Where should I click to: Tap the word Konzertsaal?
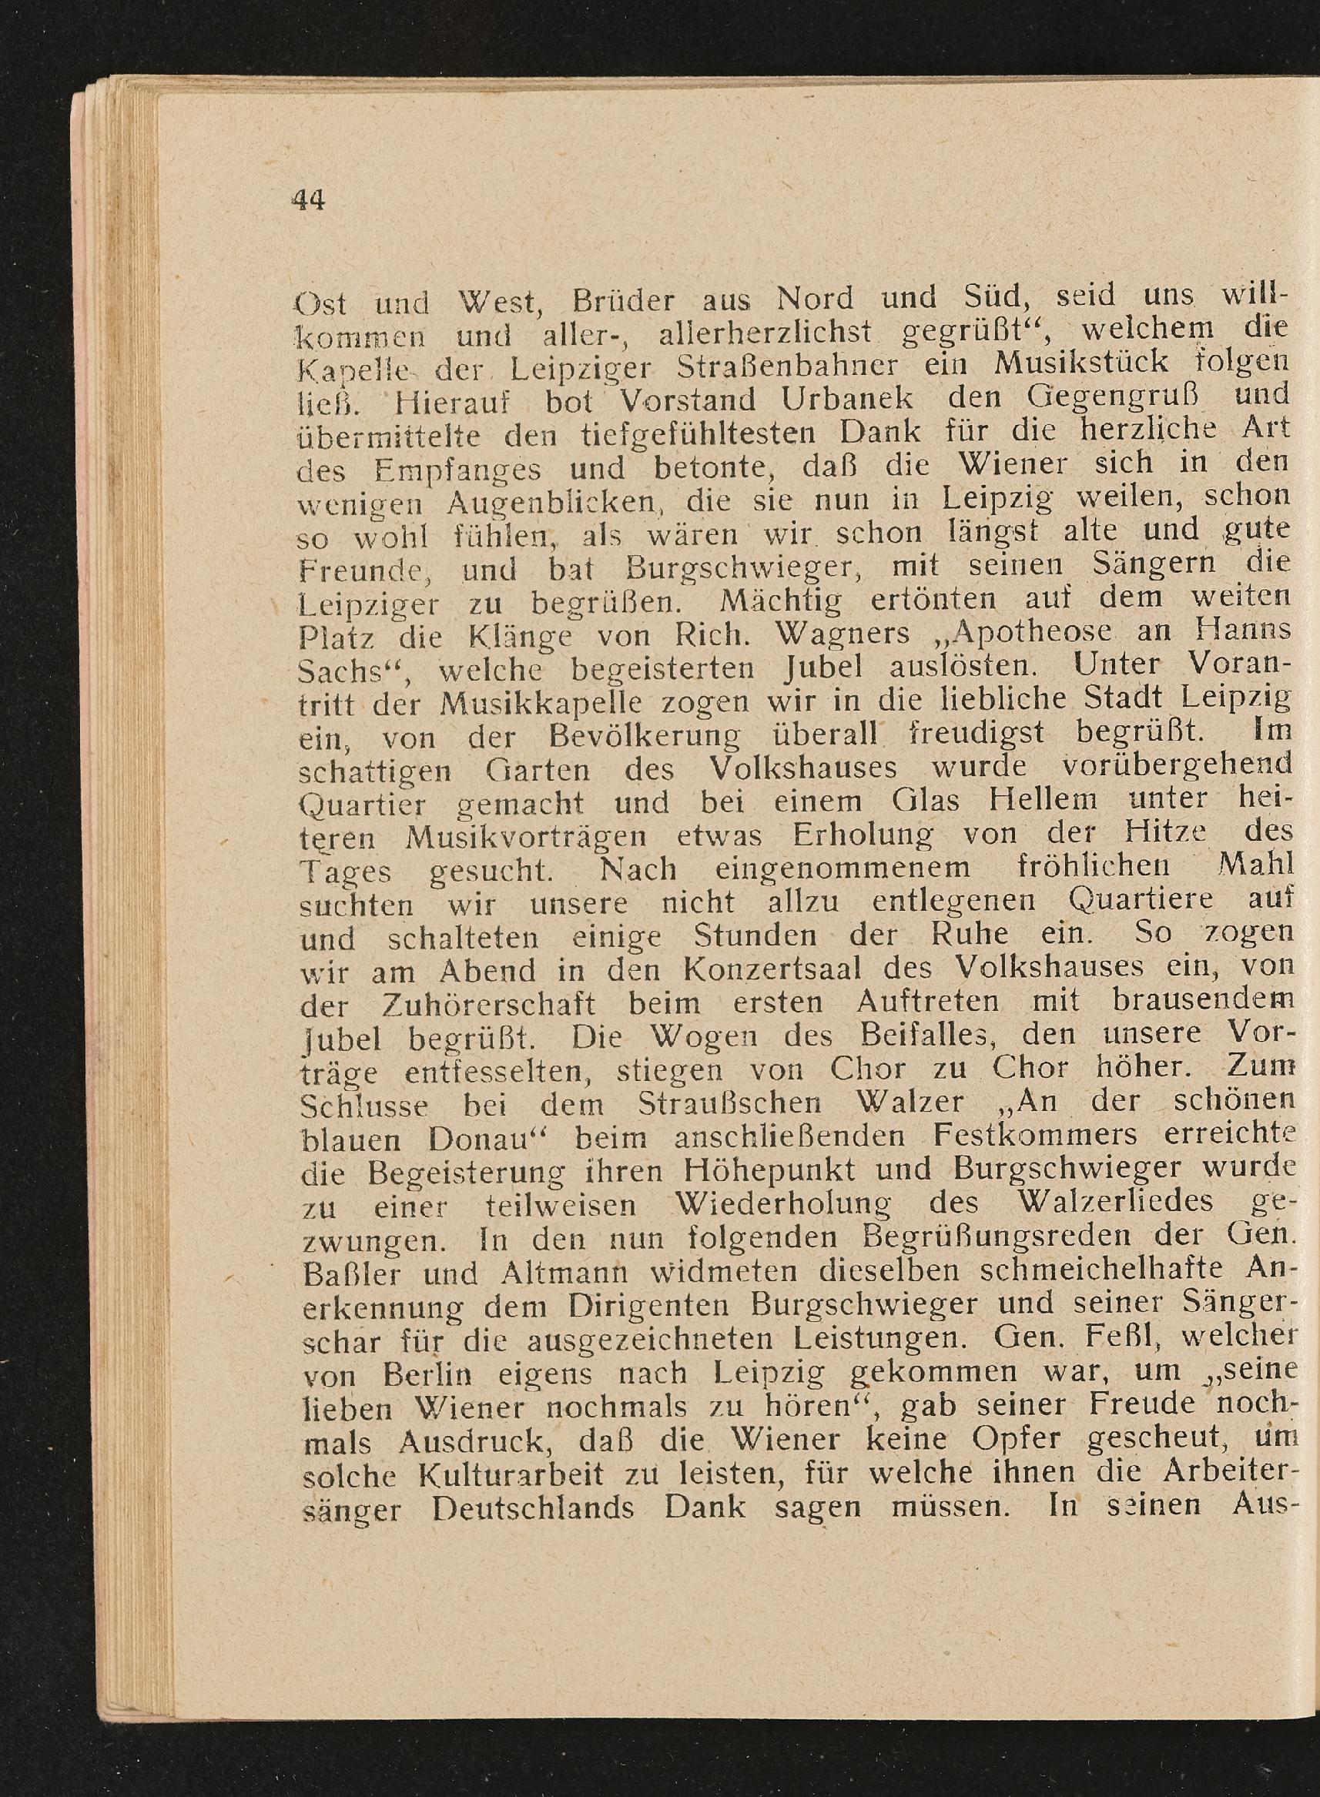772,969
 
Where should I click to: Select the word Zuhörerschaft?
486,1003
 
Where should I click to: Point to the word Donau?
483,1137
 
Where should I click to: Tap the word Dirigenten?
658,1306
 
